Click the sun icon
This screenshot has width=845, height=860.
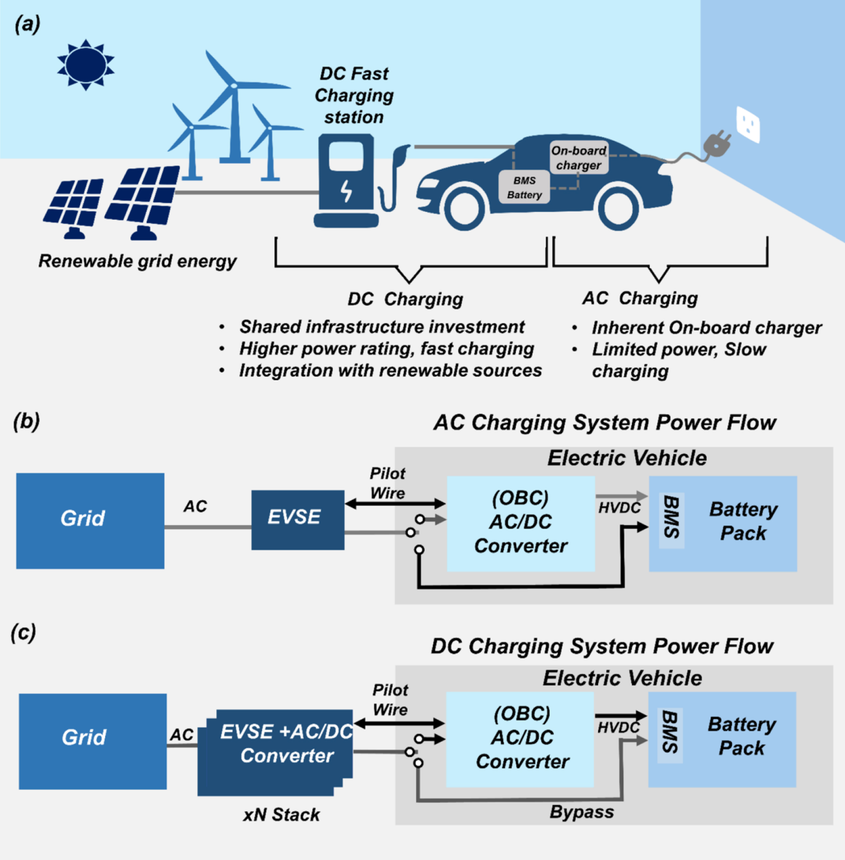tap(85, 65)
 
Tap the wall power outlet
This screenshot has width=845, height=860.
tap(748, 124)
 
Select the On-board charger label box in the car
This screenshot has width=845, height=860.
tap(579, 158)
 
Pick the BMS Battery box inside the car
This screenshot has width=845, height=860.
tap(524, 187)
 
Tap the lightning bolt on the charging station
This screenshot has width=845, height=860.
tap(346, 190)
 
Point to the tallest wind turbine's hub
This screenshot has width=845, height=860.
tap(233, 86)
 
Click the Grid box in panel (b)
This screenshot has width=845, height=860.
tap(90, 521)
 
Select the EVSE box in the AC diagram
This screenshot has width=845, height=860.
tap(298, 520)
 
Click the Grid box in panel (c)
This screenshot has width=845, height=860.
tap(93, 741)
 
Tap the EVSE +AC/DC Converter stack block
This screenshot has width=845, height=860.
tap(275, 752)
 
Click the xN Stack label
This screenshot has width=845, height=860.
tap(281, 815)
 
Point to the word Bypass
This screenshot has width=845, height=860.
tap(582, 812)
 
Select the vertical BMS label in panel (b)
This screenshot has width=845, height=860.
tap(671, 517)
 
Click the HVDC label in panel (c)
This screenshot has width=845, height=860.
tap(618, 728)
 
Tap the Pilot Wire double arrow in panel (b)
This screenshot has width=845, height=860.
tap(395, 504)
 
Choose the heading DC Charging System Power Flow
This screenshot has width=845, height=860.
tap(602, 646)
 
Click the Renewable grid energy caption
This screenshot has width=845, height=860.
tap(138, 261)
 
